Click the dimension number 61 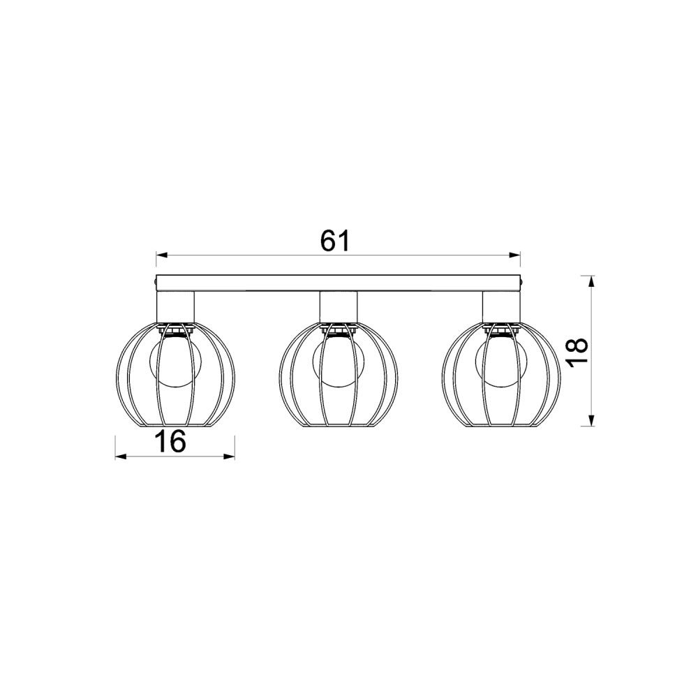click(x=336, y=242)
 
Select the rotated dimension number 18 click(x=578, y=351)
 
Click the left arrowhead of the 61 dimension click(x=161, y=255)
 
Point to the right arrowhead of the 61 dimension click(x=515, y=255)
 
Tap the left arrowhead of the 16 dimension click(x=121, y=456)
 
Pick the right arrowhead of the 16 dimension click(x=229, y=456)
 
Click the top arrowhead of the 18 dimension click(x=591, y=281)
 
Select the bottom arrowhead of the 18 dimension click(x=591, y=420)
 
